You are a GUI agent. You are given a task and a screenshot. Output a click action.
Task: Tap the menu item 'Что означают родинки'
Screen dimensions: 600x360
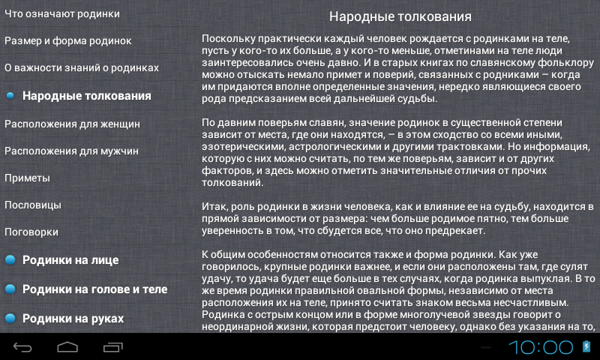click(62, 14)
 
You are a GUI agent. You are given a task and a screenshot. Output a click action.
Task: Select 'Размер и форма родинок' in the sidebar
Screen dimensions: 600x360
click(68, 41)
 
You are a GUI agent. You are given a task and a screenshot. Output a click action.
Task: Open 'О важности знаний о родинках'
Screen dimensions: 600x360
click(82, 67)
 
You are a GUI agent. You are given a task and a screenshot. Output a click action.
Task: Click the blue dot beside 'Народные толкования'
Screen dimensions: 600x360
click(10, 96)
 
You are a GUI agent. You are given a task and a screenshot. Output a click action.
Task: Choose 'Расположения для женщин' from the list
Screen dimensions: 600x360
click(72, 124)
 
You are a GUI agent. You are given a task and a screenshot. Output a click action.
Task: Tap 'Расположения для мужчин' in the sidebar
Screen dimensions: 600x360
click(71, 151)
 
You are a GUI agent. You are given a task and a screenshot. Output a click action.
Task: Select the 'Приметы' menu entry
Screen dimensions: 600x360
click(27, 178)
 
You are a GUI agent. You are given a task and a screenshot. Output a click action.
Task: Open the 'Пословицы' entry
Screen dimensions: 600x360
click(33, 205)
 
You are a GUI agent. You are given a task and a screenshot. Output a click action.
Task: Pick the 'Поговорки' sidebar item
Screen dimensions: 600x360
click(31, 232)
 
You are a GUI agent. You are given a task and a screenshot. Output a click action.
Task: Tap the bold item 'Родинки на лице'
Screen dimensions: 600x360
click(70, 260)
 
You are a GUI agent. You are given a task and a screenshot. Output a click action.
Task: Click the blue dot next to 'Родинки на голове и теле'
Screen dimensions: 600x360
click(10, 289)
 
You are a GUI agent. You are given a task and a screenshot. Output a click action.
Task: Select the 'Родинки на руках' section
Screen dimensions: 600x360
click(73, 318)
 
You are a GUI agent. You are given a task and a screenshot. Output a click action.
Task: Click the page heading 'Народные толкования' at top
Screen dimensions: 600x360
click(400, 16)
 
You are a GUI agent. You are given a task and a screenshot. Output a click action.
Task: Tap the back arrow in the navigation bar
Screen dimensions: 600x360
click(22, 347)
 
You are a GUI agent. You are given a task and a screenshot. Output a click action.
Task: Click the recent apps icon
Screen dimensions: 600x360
click(113, 347)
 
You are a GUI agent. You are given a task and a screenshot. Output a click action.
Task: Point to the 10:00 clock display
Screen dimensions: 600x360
click(541, 347)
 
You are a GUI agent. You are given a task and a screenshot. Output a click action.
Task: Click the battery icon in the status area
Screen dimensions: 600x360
click(586, 346)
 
